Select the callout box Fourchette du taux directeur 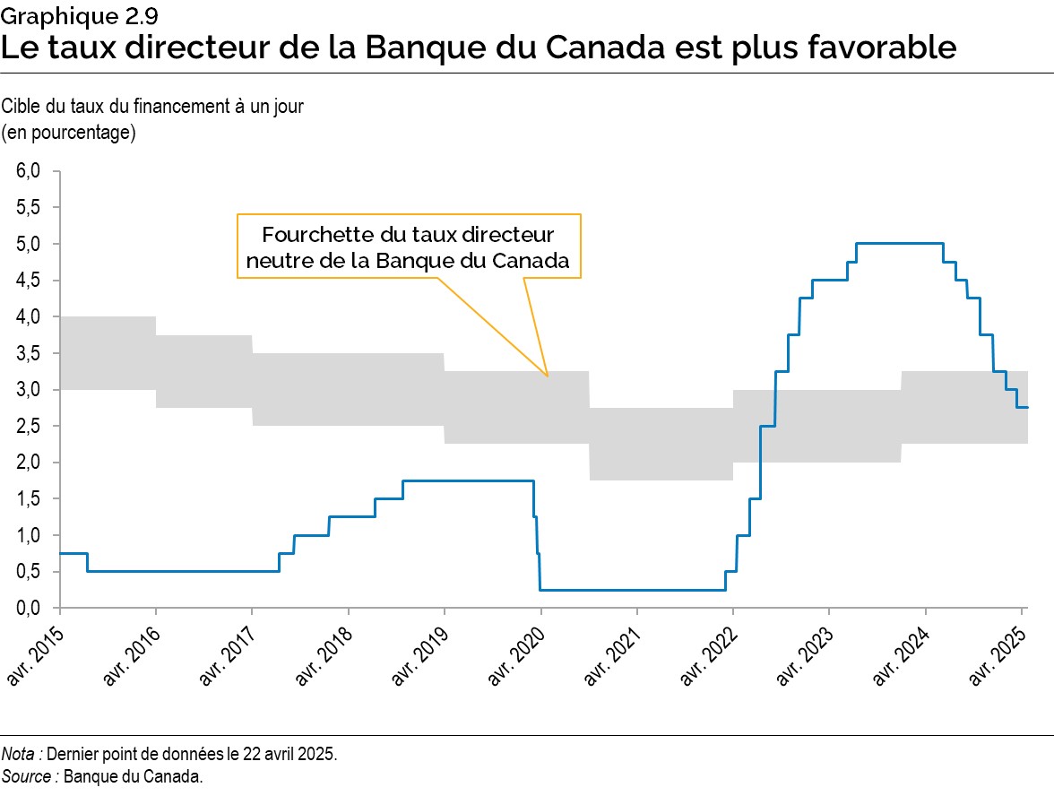pos(409,247)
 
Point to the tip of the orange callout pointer pos(547,374)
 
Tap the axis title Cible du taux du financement pos(152,106)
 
